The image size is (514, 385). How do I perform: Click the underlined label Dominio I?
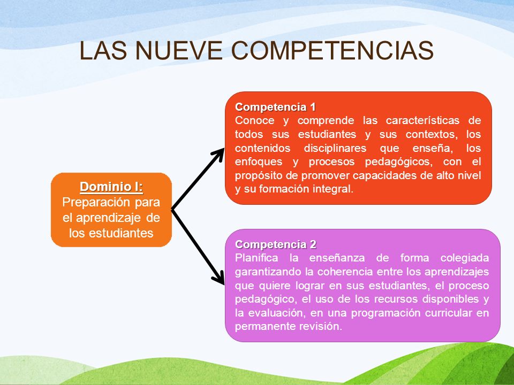(111, 187)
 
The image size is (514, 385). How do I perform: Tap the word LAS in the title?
(99, 51)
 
